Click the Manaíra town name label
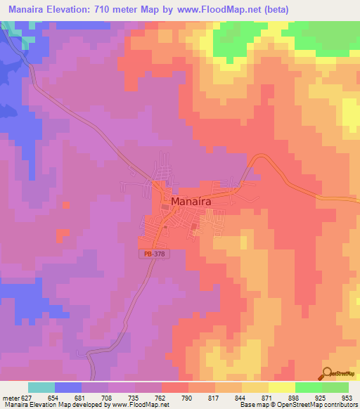pos(191,200)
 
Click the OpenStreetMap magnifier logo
pos(327,375)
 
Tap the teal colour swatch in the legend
pos(41,387)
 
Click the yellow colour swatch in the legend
pos(281,387)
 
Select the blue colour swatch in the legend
pos(67,387)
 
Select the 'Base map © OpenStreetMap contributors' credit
pos(298,405)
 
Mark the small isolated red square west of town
pos(67,205)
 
